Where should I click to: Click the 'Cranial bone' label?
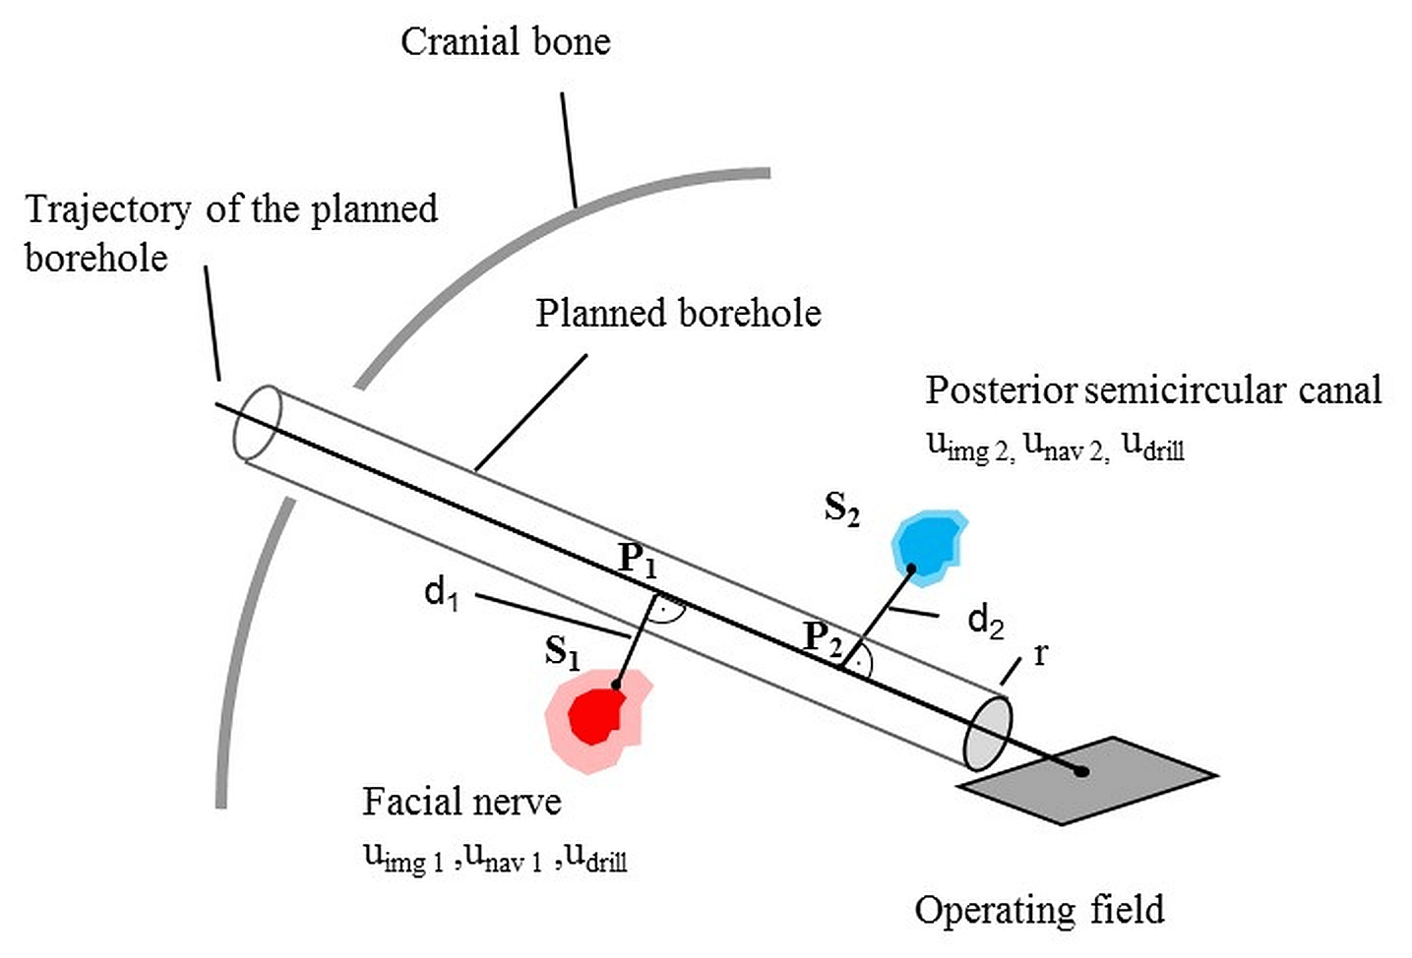click(505, 42)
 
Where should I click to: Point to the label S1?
click(562, 652)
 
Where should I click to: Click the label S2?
click(841, 509)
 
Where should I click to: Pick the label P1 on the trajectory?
click(638, 561)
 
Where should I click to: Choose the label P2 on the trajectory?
click(823, 638)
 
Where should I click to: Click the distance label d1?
click(441, 593)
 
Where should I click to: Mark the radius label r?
click(1040, 654)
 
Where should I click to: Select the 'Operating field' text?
click(1039, 910)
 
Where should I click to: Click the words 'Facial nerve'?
click(461, 802)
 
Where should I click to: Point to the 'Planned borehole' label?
click(678, 313)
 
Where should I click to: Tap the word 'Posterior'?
click(1001, 390)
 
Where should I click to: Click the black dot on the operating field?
click(1081, 771)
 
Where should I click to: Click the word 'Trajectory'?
click(107, 210)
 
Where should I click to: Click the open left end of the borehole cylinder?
click(258, 422)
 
